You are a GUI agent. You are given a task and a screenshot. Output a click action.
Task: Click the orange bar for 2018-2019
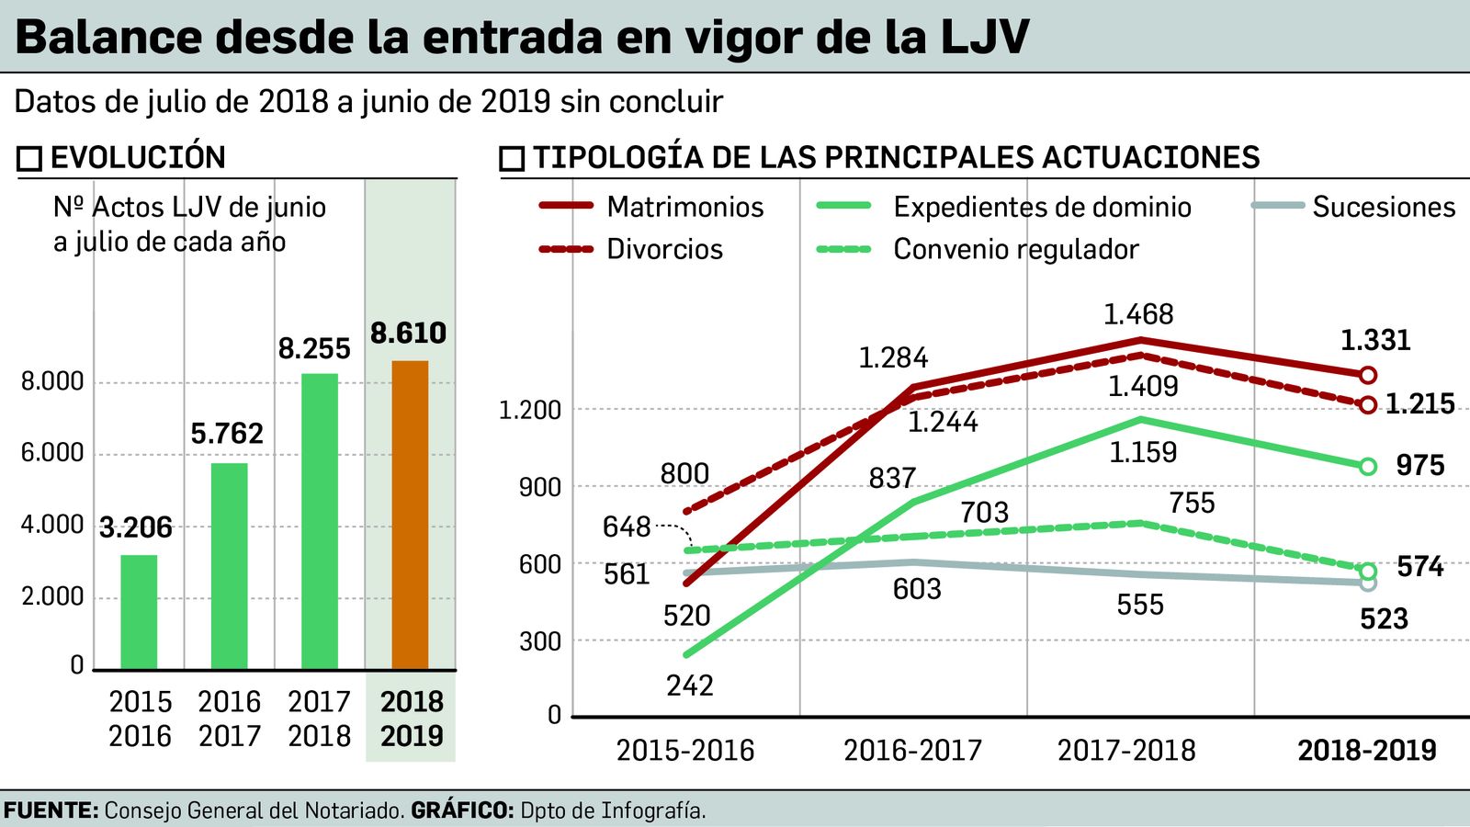410,515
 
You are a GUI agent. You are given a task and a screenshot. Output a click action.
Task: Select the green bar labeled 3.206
139,611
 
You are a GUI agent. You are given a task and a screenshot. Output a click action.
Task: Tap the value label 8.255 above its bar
314,349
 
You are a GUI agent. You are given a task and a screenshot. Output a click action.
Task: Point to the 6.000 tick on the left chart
52,453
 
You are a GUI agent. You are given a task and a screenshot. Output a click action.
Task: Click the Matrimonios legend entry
684,208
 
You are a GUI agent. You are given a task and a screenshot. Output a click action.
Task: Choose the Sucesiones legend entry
1383,208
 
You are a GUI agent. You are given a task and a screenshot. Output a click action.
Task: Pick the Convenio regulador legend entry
1015,250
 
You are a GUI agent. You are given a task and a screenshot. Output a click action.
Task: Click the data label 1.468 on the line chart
1138,315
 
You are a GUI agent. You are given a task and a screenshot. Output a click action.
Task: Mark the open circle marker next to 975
1367,467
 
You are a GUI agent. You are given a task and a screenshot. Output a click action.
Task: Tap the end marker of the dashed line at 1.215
1367,404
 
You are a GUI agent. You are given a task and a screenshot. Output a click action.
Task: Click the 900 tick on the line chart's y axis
539,487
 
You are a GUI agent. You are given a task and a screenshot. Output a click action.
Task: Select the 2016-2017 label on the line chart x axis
912,751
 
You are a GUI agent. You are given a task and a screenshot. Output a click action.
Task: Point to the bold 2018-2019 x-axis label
1366,751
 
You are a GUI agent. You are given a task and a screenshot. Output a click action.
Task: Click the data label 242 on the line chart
689,685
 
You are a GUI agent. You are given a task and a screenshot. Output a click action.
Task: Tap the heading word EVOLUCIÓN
138,158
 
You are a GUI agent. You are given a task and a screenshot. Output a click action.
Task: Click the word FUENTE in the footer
51,811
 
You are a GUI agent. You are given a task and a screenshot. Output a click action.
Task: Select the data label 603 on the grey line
917,589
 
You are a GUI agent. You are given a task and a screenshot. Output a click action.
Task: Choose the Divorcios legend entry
664,250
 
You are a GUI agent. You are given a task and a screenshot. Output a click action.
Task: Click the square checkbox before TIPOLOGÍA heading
512,159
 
